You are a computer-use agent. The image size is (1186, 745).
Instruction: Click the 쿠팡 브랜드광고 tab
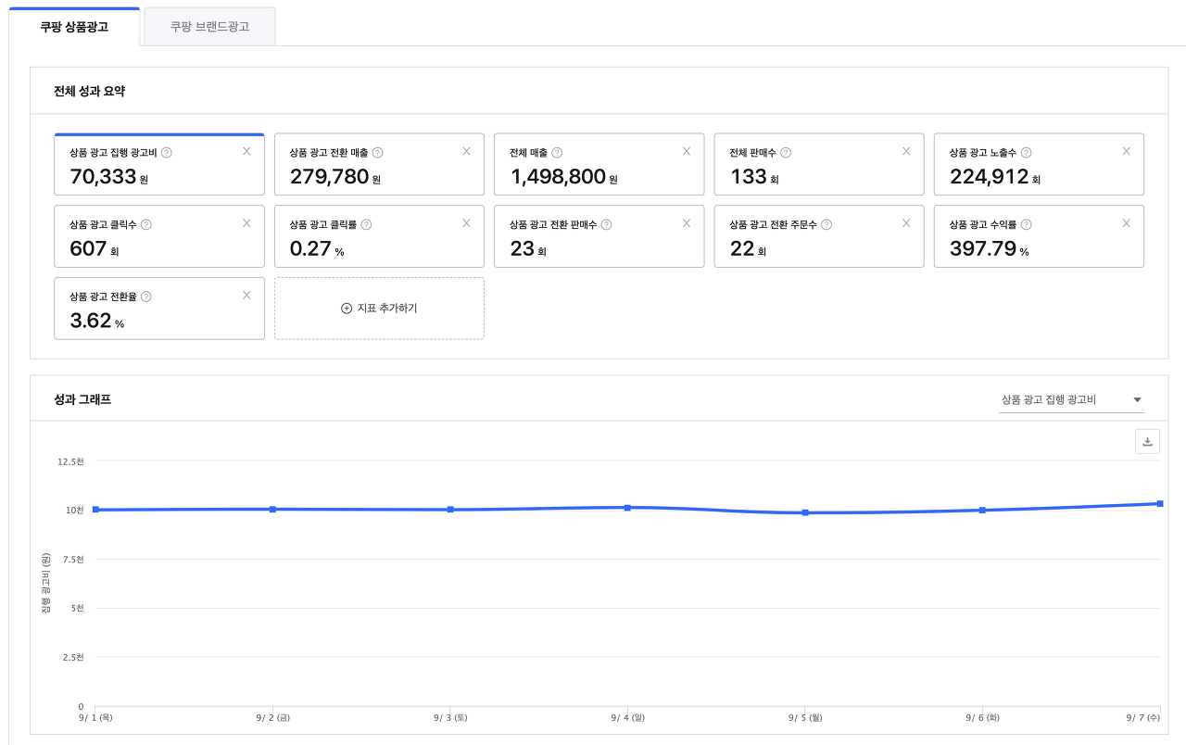209,27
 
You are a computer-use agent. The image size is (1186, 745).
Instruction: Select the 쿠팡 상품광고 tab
74,27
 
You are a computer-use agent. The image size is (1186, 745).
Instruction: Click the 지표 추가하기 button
379,308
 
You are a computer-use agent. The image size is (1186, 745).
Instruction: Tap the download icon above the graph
1147,442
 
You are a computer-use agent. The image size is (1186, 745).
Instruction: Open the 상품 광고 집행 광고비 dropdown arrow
1138,400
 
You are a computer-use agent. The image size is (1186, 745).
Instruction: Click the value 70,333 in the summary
103,176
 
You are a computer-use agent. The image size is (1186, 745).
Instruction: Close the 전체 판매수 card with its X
906,151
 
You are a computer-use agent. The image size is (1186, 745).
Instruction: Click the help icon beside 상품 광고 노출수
1026,153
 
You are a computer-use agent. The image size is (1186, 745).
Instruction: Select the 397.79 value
983,248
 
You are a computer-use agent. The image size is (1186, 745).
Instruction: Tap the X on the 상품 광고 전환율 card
246,296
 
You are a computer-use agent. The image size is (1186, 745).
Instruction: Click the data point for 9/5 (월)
805,512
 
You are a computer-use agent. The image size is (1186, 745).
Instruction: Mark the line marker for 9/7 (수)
1160,503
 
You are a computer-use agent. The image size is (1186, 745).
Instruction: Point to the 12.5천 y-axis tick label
70,461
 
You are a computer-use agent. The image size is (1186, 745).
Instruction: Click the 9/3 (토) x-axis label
450,717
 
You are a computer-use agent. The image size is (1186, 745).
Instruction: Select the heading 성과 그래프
83,399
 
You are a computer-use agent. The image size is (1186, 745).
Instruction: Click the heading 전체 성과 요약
90,92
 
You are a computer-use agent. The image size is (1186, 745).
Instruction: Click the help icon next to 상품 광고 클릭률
366,224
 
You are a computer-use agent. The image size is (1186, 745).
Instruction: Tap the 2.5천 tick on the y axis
72,657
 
